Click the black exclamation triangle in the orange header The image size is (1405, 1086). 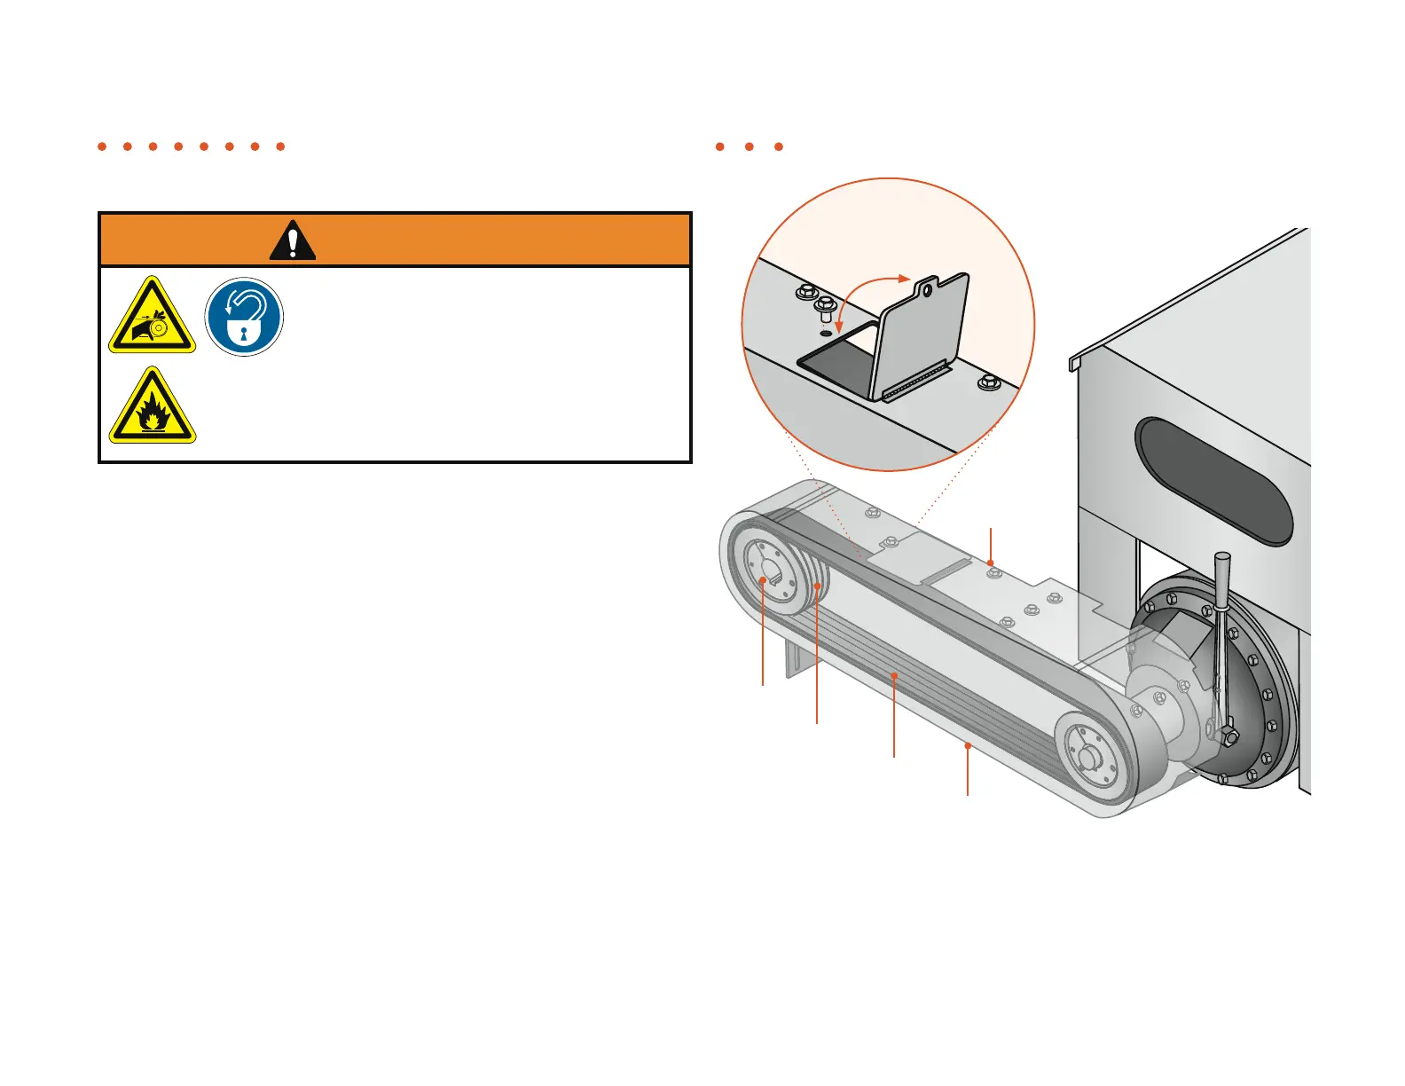(x=292, y=240)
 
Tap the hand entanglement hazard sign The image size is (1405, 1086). (x=152, y=319)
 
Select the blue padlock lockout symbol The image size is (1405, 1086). (x=244, y=317)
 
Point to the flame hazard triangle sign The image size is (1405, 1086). (x=152, y=408)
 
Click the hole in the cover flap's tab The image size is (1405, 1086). (x=926, y=287)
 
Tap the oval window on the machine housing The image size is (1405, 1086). (x=1214, y=481)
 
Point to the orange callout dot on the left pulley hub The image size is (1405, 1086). (x=763, y=581)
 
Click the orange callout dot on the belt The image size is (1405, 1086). (x=894, y=676)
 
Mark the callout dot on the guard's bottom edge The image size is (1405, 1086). (x=968, y=747)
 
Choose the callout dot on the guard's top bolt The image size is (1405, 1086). (x=991, y=563)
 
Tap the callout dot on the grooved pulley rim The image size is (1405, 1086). (x=816, y=586)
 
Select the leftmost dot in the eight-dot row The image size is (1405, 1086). (x=102, y=146)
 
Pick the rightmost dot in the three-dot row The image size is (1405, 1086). (x=779, y=146)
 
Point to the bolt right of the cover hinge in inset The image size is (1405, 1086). (x=989, y=383)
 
